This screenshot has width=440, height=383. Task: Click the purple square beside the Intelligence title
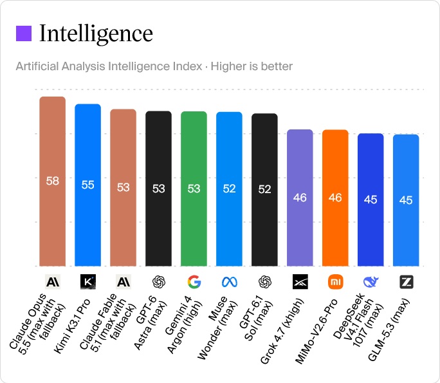[24, 33]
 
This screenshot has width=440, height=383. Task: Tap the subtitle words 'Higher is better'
[252, 66]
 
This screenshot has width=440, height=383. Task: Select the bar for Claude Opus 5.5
[53, 181]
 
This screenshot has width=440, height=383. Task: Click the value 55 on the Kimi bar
[88, 185]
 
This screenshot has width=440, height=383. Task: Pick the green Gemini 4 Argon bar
[194, 189]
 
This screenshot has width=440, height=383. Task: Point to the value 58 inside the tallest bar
[53, 181]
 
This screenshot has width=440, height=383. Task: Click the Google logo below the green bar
[194, 282]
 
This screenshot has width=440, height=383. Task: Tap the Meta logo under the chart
[229, 282]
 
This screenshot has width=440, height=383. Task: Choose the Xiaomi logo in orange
[335, 282]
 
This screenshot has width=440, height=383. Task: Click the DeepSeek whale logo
[371, 282]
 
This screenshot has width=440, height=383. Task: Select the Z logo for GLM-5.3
[406, 282]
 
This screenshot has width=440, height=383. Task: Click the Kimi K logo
[88, 282]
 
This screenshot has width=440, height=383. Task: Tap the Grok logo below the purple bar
[300, 282]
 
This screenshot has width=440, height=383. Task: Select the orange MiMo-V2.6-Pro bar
[335, 198]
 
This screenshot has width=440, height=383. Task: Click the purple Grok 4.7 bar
[300, 198]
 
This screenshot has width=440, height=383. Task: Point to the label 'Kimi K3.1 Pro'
[73, 326]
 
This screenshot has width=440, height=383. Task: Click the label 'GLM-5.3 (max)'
[389, 330]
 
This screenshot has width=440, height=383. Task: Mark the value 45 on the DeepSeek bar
[371, 200]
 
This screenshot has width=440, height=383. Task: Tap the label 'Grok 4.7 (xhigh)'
[282, 331]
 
